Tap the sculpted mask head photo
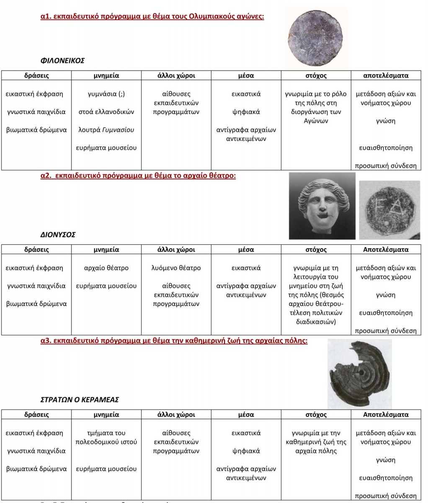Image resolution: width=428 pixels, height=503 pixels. [x=322, y=205]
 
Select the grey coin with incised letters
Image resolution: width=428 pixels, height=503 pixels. [x=390, y=210]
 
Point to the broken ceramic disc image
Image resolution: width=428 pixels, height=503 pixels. [x=359, y=374]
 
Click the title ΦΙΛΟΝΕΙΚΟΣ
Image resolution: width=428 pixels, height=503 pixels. [x=62, y=60]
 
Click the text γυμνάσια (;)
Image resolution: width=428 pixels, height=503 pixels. [x=106, y=94]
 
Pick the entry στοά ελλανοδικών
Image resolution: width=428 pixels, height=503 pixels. [x=106, y=112]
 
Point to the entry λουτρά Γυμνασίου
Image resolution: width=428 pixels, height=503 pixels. [x=106, y=130]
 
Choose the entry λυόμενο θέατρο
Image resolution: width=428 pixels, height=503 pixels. [x=176, y=268]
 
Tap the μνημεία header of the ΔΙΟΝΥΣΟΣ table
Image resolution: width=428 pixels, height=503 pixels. [x=106, y=249]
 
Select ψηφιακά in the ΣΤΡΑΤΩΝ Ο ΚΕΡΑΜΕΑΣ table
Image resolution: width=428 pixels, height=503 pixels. [x=246, y=451]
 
